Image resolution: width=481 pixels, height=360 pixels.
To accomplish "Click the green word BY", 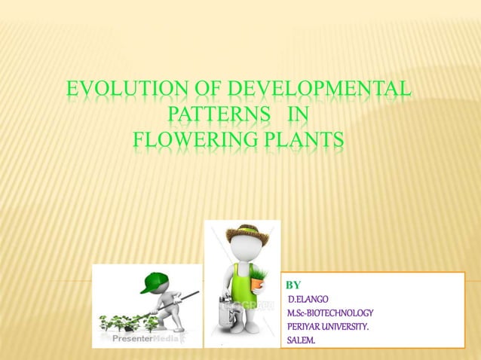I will tap(294, 285).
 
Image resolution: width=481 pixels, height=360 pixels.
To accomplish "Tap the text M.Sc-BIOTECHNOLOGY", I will tap(330, 313).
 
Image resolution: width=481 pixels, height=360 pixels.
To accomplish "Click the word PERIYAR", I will tap(305, 327).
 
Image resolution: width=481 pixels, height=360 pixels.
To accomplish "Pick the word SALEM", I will tap(302, 341).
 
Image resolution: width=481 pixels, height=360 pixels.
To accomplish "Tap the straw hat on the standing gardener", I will tap(243, 233).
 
